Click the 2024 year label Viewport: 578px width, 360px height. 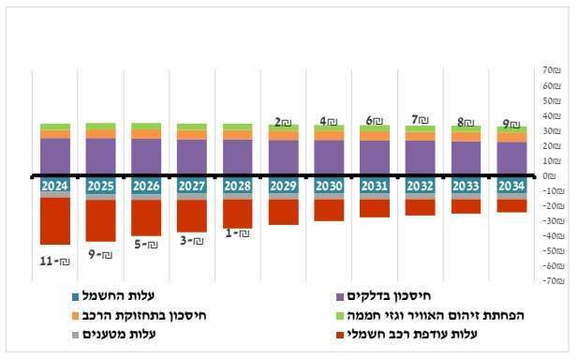[54, 186]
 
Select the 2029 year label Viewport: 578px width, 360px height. [283, 186]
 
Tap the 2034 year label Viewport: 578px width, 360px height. [511, 186]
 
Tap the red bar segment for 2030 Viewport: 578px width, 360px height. [329, 210]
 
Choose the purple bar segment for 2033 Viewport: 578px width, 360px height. [466, 157]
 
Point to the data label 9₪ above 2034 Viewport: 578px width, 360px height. [511, 123]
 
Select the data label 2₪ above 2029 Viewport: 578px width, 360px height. [283, 122]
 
